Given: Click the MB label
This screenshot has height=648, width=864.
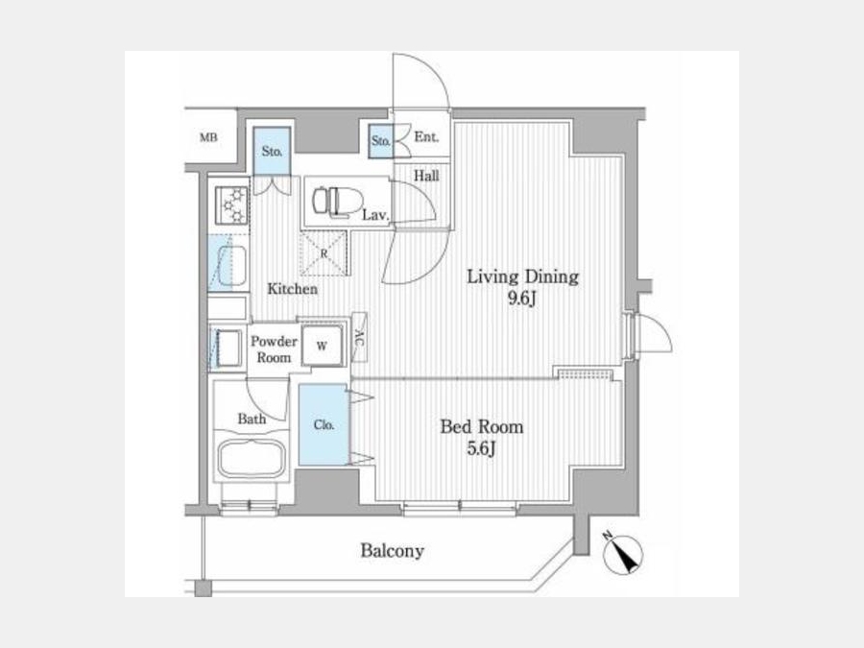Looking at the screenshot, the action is (x=208, y=137).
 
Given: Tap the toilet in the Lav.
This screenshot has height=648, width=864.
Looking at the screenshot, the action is (x=338, y=202).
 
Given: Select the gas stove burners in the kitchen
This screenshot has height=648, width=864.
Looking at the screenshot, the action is (x=232, y=205).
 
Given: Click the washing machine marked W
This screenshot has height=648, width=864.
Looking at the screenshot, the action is (x=323, y=346).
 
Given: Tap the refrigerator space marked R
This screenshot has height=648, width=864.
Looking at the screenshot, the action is (x=324, y=253).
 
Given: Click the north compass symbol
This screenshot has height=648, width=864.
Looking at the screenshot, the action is (x=623, y=554).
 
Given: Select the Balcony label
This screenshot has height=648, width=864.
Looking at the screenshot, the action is (x=393, y=550).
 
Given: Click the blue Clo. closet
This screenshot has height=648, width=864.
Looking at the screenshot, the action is (x=324, y=425).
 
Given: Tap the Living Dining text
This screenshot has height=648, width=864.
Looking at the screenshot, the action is (x=522, y=276).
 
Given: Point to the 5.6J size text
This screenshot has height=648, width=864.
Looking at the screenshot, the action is (x=481, y=449).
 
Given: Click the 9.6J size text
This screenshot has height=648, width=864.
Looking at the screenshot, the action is (x=522, y=299).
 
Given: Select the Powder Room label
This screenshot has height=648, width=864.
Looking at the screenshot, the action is (x=274, y=349).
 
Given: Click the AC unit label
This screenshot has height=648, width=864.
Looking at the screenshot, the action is (x=359, y=337).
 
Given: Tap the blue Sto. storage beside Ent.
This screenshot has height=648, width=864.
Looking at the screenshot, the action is (x=381, y=141).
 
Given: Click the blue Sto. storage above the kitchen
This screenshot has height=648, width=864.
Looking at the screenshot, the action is (x=272, y=151).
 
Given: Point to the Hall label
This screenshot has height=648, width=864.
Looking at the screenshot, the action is (x=426, y=177).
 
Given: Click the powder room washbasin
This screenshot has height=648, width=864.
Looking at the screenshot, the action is (x=227, y=348).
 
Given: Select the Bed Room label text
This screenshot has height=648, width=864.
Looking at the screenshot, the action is (x=482, y=427).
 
